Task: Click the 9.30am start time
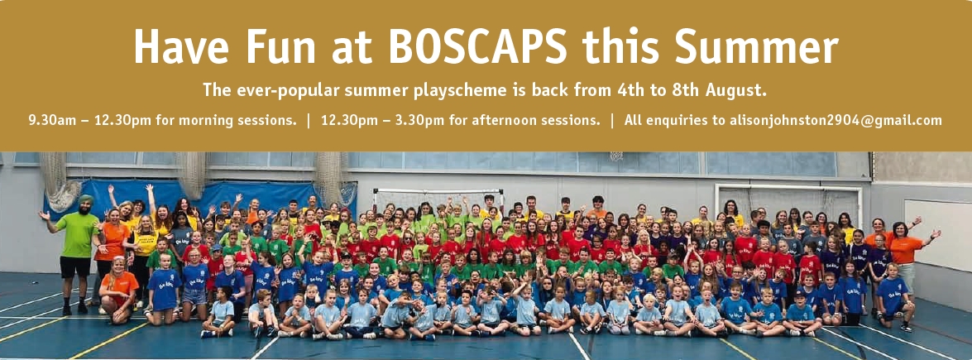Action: pyautogui.click(x=50, y=121)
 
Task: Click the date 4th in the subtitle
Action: pyautogui.click(x=630, y=91)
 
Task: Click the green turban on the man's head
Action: pyautogui.click(x=85, y=200)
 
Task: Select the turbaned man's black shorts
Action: pyautogui.click(x=75, y=266)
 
